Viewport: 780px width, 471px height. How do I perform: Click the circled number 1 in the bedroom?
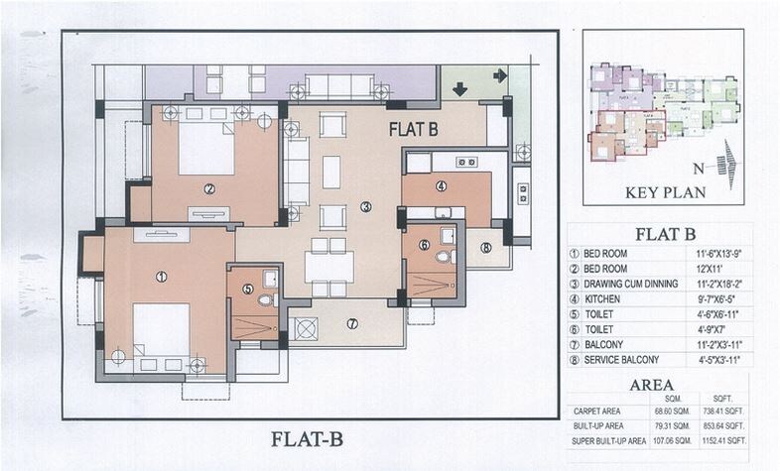tap(161, 277)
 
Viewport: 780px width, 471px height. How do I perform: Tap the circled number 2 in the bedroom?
tap(209, 188)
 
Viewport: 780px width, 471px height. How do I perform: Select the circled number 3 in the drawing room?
tap(366, 206)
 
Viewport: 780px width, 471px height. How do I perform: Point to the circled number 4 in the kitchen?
tap(441, 185)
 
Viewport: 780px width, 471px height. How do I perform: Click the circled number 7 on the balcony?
tap(352, 323)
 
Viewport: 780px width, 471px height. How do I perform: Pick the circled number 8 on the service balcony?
tap(485, 248)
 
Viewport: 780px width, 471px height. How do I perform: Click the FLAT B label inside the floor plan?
tap(413, 128)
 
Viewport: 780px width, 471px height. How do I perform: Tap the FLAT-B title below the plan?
tap(309, 438)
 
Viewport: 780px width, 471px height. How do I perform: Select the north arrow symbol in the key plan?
tap(729, 160)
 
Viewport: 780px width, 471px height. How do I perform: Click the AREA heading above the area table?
tap(651, 385)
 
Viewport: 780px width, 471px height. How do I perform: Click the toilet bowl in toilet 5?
tap(264, 299)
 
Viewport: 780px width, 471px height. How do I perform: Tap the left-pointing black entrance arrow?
tap(499, 75)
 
